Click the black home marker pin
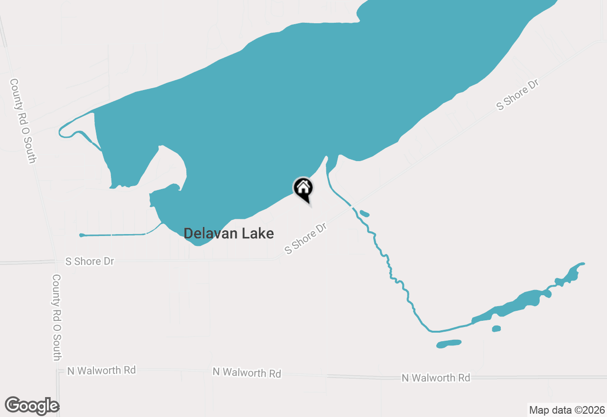click(303, 188)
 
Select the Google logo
click(32, 406)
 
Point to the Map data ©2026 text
click(567, 410)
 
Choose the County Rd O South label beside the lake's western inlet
click(22, 121)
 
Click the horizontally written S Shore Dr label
click(90, 261)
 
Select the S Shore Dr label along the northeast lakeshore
click(518, 95)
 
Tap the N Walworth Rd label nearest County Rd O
click(101, 370)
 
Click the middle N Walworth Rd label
click(247, 372)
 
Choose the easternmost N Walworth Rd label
click(436, 378)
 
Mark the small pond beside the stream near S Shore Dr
click(365, 213)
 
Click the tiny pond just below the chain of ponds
click(496, 329)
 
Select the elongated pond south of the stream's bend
click(449, 344)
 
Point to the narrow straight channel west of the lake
click(114, 235)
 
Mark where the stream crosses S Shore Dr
click(351, 205)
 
